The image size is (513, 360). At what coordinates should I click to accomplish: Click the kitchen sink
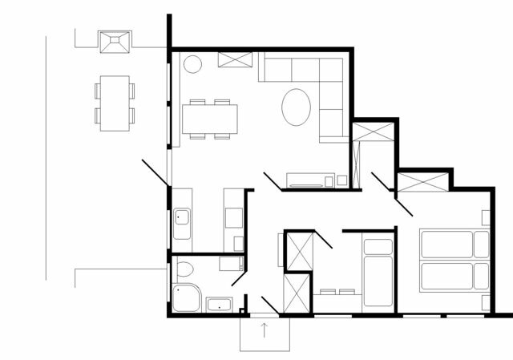point(182,216)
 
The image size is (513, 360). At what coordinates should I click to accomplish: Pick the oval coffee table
point(297,106)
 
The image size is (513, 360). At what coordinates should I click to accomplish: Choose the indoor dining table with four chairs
point(211,119)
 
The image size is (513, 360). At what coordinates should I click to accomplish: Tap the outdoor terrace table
point(114,103)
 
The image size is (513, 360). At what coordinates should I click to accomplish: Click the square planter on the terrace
point(114,40)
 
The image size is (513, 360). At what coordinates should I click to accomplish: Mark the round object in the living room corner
point(195,63)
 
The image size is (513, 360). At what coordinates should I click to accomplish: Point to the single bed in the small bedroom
point(376,273)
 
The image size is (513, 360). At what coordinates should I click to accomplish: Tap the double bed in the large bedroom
point(454,261)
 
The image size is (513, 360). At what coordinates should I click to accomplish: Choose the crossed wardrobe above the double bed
point(423,181)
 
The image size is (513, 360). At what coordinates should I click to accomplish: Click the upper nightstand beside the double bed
point(486,217)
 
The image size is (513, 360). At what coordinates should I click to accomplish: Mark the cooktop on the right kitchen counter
point(234,216)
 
